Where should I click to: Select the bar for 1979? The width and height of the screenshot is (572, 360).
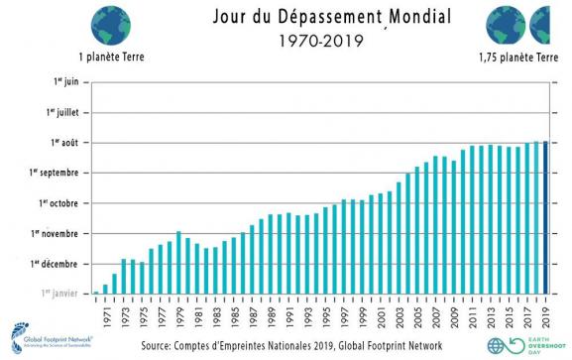point(178,262)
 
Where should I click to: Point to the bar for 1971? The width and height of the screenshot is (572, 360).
point(105,289)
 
